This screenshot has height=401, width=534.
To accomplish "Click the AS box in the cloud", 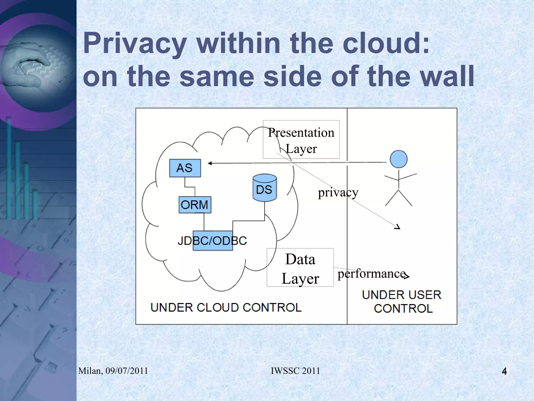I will [185, 168].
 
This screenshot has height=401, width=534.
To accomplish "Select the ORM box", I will [195, 205].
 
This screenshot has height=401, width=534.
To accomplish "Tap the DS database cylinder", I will [265, 188].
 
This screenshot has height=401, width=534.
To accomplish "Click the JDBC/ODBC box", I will [213, 241].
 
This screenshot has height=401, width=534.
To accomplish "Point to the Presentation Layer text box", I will [301, 140].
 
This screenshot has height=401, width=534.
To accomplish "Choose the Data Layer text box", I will [300, 268].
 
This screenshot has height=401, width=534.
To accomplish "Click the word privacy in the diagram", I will [338, 193].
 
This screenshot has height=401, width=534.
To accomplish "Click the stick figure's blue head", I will [398, 159].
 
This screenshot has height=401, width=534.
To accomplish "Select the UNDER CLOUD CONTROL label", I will [226, 307].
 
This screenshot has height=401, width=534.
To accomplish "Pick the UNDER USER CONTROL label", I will [402, 301].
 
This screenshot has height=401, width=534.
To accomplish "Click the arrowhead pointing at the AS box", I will [210, 164].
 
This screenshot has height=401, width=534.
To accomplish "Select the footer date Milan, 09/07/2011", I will [113, 371].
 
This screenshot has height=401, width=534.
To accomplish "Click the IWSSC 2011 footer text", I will [295, 371].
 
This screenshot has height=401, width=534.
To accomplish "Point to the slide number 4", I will [504, 371].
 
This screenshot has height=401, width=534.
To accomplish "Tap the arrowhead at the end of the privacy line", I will [398, 227].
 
